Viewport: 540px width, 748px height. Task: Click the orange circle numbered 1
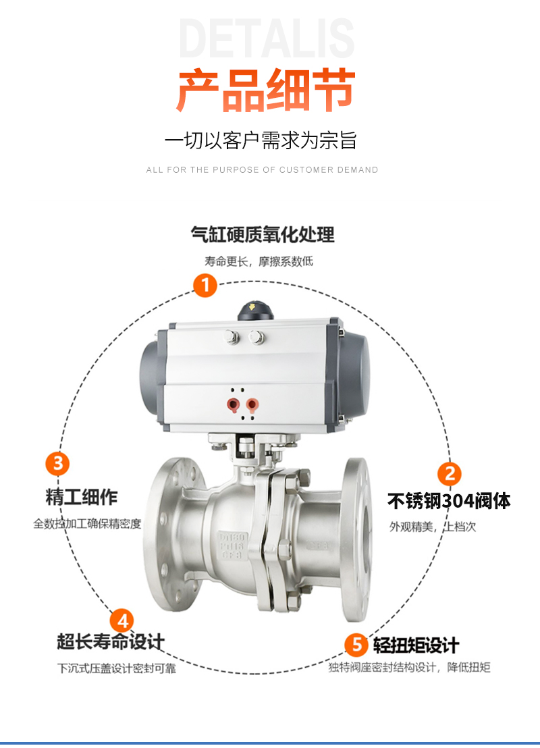point(205,286)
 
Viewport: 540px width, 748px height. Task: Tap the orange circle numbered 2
point(450,474)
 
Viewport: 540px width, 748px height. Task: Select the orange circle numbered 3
point(58,463)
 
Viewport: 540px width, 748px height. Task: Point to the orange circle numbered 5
point(357,645)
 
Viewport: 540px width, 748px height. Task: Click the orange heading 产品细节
point(266,90)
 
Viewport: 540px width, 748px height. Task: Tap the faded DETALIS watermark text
point(267,38)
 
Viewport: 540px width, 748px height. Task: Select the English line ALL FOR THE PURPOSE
point(262,170)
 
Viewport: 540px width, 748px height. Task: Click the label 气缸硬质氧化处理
point(263,234)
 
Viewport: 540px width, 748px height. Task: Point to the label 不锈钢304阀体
point(449,501)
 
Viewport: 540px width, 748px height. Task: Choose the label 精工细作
point(82,497)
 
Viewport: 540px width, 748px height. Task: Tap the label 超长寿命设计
point(111,641)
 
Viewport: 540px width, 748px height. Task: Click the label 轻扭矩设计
point(416,645)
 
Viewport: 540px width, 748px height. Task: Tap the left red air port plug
point(233,405)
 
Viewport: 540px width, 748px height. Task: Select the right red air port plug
point(252,405)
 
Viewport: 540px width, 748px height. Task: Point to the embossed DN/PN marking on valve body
point(232,545)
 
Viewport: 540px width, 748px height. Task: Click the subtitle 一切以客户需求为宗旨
point(261,140)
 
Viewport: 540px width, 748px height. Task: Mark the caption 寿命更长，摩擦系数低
point(259,261)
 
